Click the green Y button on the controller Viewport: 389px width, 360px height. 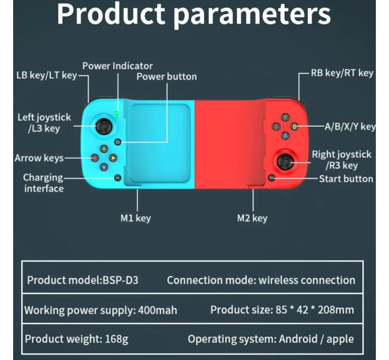(x=285, y=117)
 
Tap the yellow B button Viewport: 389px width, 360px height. (x=295, y=127)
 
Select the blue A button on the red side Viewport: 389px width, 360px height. (x=285, y=136)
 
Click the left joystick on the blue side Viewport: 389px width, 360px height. (x=104, y=126)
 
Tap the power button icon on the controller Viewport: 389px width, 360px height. (x=118, y=142)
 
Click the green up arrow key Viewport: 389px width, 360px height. (x=104, y=149)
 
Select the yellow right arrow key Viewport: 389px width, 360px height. (x=113, y=158)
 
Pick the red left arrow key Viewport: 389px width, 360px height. (x=95, y=158)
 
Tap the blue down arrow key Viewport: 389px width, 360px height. (x=104, y=167)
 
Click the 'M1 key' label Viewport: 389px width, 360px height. (x=136, y=218)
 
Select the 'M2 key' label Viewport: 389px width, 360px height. (x=252, y=218)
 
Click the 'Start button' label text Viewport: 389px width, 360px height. (x=346, y=179)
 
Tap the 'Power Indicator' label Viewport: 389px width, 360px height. (x=118, y=66)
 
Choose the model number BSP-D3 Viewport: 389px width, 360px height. (x=120, y=280)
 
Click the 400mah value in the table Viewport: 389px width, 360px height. (x=157, y=310)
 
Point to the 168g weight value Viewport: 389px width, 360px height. (x=117, y=339)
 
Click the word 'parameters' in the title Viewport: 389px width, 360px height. (x=252, y=15)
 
